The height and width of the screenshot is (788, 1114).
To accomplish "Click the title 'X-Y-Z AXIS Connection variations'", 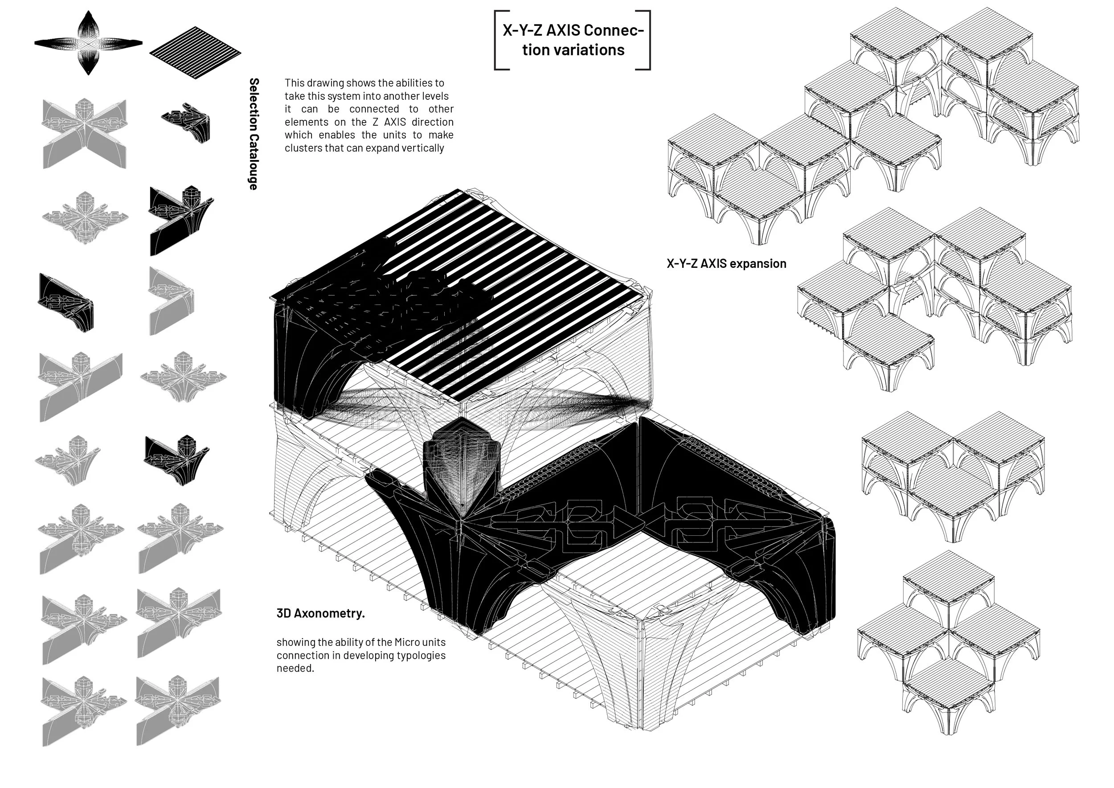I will tap(573, 40).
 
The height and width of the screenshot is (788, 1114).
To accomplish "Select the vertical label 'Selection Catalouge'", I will tap(253, 134).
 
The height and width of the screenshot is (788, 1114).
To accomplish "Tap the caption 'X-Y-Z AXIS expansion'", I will tap(726, 263).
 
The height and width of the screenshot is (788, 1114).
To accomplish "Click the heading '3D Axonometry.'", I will tap(320, 613).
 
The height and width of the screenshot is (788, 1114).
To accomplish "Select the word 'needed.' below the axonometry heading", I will tap(295, 668).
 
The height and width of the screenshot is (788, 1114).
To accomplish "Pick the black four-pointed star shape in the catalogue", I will tap(88, 43).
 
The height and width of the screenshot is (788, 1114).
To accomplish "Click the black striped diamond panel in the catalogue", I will tap(195, 53).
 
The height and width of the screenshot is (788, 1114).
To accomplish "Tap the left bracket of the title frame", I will tap(497, 40).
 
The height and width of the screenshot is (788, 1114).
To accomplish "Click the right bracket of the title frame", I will tap(648, 40).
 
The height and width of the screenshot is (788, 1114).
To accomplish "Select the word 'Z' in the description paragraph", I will tap(376, 122).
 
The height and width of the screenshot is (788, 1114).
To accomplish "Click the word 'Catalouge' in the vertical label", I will tap(253, 162).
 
